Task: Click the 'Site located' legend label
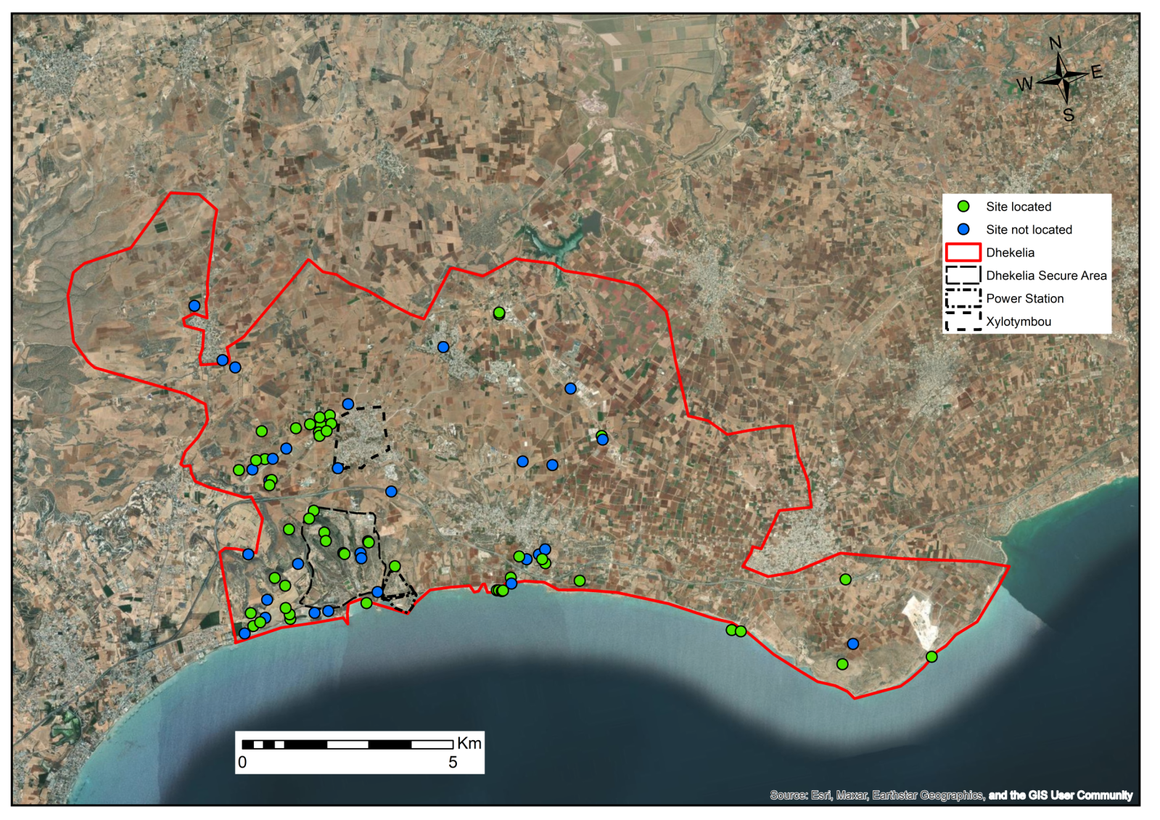(x=1018, y=207)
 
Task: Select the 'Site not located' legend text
(x=1028, y=230)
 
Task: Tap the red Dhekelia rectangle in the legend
(x=963, y=253)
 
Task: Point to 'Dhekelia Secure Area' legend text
(x=1045, y=276)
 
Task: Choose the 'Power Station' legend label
(x=1024, y=299)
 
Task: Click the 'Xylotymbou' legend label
(x=1018, y=321)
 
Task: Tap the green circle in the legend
(x=963, y=207)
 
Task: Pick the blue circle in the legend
(x=963, y=229)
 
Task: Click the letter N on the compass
(x=1056, y=44)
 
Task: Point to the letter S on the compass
(x=1069, y=115)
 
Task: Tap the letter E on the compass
(x=1096, y=72)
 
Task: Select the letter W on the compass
(x=1024, y=84)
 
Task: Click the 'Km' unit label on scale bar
(x=469, y=743)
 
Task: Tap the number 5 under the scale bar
(x=453, y=763)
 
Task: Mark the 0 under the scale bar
(x=242, y=763)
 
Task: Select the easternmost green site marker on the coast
(x=931, y=657)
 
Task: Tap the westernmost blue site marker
(x=194, y=306)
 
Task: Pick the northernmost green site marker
(x=499, y=313)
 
